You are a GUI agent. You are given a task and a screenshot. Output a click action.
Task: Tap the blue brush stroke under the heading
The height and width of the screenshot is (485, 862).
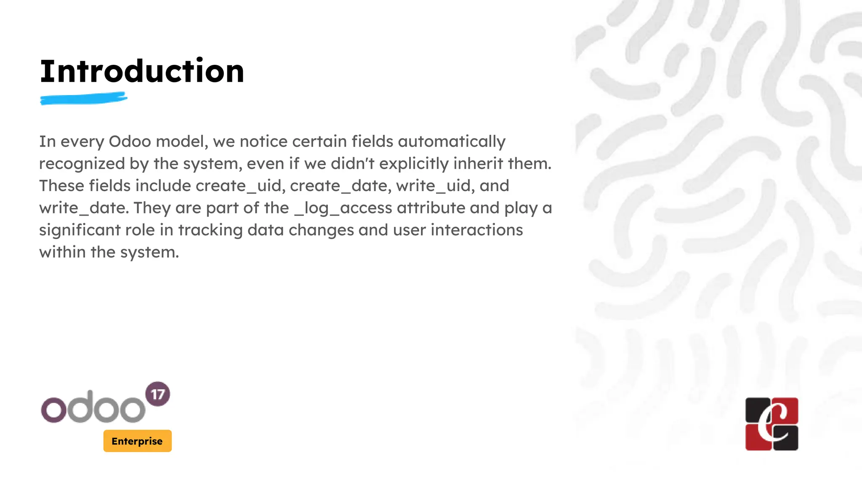click(83, 99)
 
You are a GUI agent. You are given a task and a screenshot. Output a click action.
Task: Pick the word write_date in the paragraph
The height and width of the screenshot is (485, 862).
click(83, 208)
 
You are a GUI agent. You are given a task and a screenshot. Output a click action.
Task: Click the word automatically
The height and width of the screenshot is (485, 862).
click(452, 141)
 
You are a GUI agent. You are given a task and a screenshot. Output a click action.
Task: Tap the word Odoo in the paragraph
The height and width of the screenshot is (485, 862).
click(130, 141)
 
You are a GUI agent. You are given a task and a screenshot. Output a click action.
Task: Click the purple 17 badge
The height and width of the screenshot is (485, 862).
click(157, 394)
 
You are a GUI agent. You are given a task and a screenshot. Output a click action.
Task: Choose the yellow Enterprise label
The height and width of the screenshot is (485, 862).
click(137, 441)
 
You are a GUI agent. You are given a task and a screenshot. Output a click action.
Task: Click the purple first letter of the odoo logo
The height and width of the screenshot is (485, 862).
click(53, 410)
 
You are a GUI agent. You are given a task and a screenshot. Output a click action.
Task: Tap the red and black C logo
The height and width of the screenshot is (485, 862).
click(772, 424)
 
